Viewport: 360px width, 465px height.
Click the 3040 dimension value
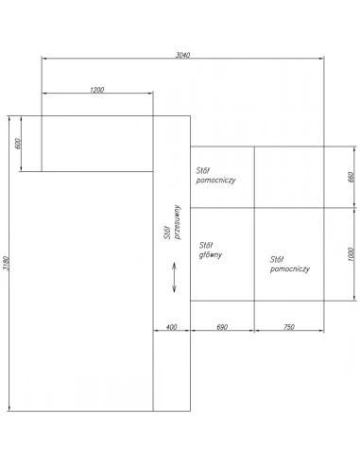(x=182, y=55)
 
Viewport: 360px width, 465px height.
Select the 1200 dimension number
(x=96, y=90)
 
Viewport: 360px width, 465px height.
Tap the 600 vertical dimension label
(x=18, y=144)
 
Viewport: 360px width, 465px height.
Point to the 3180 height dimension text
(x=6, y=263)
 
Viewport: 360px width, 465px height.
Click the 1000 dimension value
(x=351, y=254)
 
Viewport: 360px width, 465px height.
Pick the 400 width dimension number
(x=171, y=327)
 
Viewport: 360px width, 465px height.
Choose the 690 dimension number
(x=222, y=327)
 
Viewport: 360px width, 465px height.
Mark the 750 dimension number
(x=289, y=327)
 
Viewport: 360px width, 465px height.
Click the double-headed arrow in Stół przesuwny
(x=174, y=278)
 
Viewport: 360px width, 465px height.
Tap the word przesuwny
(x=178, y=222)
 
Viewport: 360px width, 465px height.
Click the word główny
(x=211, y=255)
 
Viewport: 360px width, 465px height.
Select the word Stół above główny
(x=206, y=245)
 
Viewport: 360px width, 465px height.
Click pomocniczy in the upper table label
(x=216, y=181)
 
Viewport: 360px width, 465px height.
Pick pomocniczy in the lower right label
(x=290, y=269)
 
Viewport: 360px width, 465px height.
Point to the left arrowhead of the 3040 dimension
(x=44, y=59)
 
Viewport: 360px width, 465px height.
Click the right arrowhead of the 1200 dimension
(x=150, y=93)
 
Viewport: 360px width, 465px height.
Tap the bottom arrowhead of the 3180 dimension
(x=9, y=408)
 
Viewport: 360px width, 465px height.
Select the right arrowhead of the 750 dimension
(x=321, y=331)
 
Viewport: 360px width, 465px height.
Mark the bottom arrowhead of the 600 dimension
(x=21, y=168)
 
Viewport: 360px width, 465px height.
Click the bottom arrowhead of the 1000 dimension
(x=354, y=298)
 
